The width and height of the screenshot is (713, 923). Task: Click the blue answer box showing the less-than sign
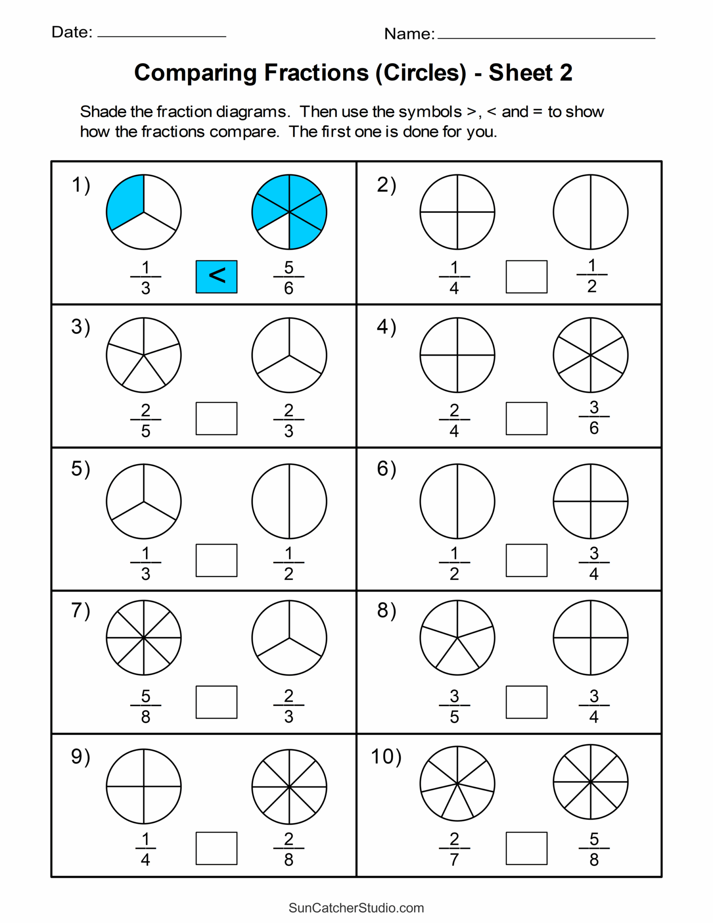pyautogui.click(x=216, y=277)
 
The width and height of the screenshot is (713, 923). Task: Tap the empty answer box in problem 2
pyautogui.click(x=526, y=277)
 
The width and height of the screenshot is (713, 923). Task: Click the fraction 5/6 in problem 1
pyautogui.click(x=289, y=278)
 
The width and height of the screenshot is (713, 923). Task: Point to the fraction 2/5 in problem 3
pyautogui.click(x=145, y=420)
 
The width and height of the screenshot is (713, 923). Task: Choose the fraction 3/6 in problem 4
pyautogui.click(x=594, y=418)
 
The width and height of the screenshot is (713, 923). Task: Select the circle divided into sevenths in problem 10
pyautogui.click(x=457, y=783)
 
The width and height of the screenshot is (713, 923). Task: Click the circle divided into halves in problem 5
pyautogui.click(x=289, y=501)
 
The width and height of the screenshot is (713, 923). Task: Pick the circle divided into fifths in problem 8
pyautogui.click(x=457, y=637)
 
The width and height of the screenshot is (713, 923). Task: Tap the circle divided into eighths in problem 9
pyautogui.click(x=289, y=787)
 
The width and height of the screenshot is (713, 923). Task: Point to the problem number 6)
pyautogui.click(x=386, y=469)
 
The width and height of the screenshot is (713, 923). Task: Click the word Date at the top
pyautogui.click(x=71, y=32)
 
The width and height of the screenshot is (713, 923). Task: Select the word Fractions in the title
pyautogui.click(x=316, y=73)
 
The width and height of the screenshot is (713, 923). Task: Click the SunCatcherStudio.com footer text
pyautogui.click(x=356, y=908)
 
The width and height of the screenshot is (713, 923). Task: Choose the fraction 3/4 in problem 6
pyautogui.click(x=594, y=563)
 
